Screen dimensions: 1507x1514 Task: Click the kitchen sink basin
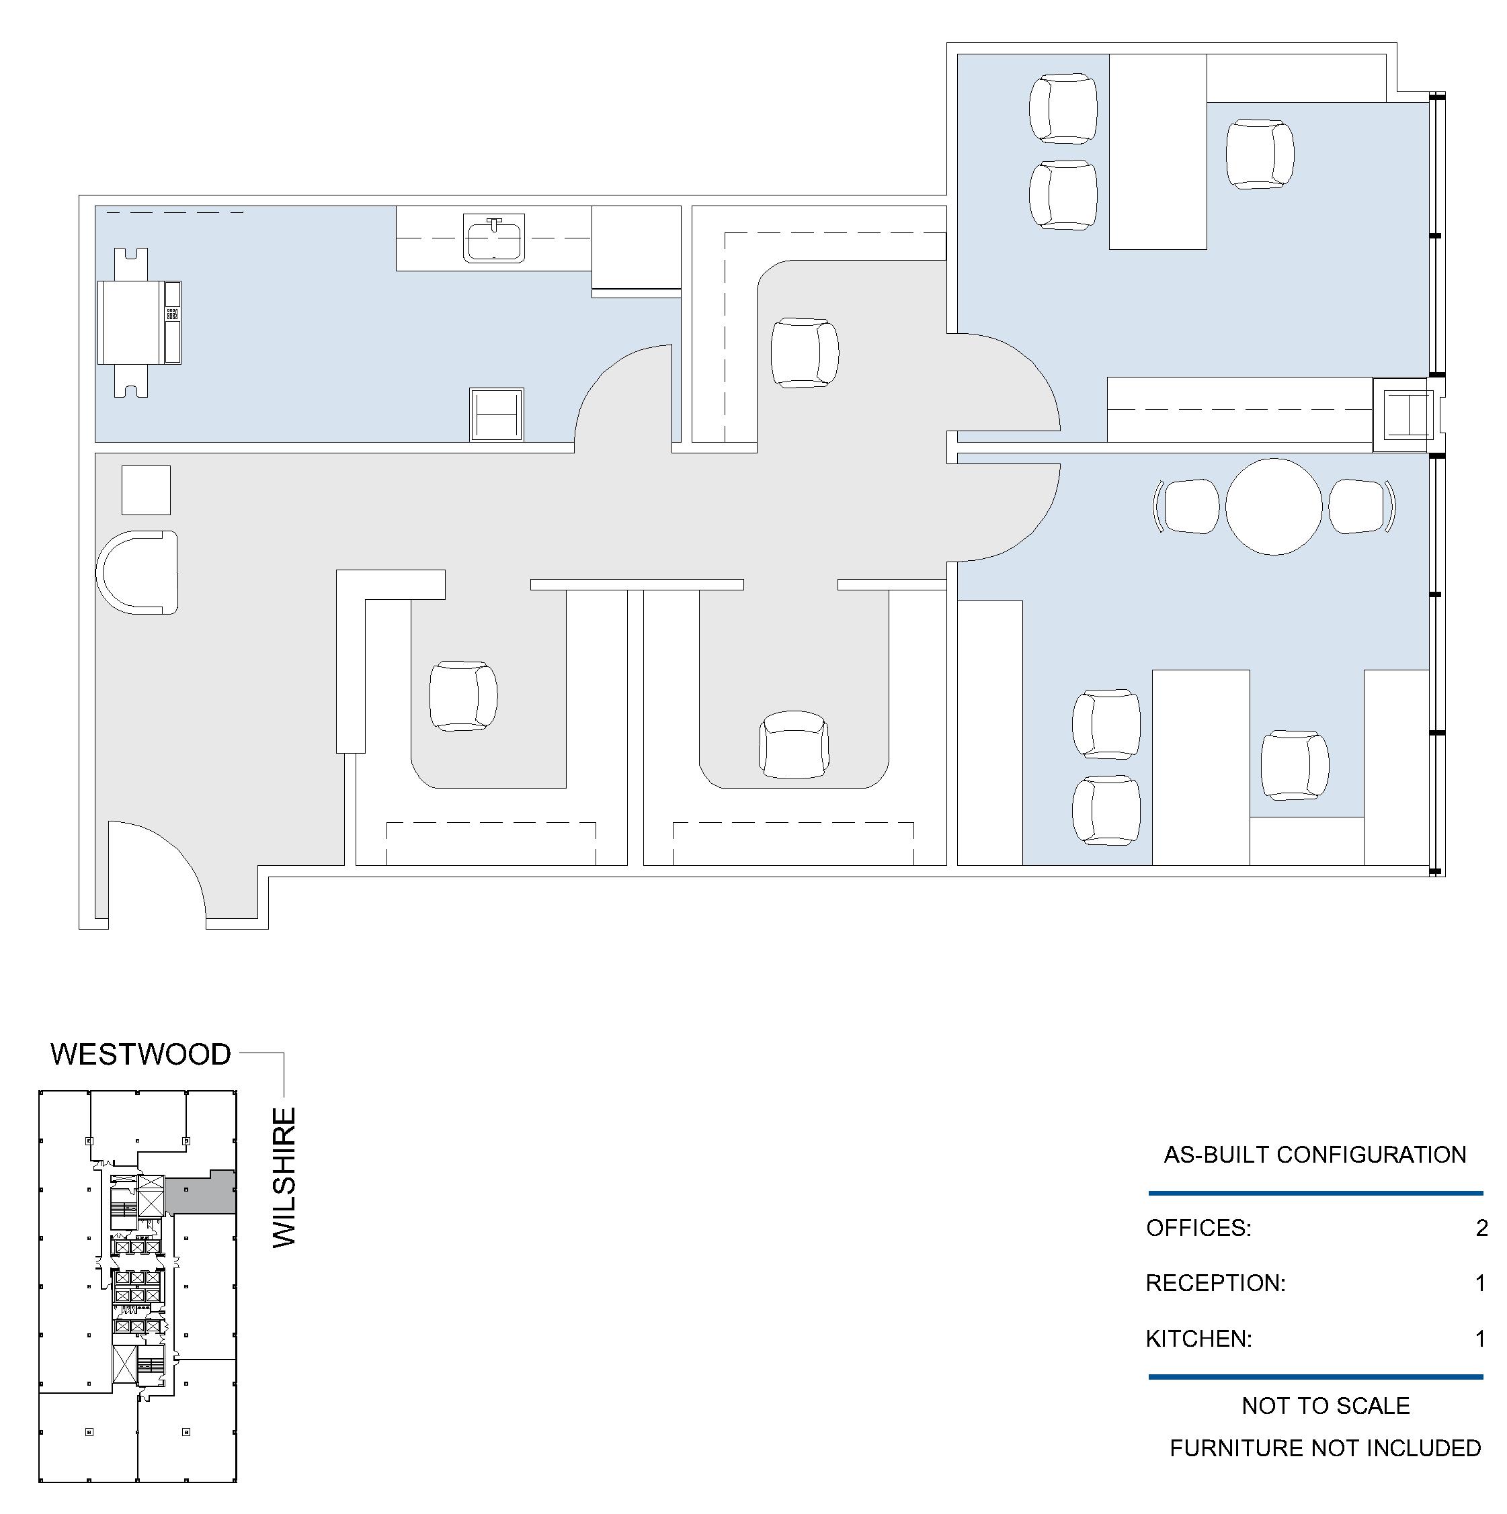coord(494,239)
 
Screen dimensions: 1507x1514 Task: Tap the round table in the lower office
coord(1274,507)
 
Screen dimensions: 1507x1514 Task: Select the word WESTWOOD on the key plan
coord(141,1055)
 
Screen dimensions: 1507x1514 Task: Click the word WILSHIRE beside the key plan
coord(284,1178)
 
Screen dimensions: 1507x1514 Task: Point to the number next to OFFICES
coord(1481,1228)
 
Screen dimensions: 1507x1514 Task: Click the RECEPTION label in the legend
coord(1215,1284)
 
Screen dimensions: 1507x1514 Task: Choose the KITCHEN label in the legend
coord(1199,1339)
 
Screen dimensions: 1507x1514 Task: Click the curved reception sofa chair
coord(137,572)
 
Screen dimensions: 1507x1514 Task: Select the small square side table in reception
coord(146,490)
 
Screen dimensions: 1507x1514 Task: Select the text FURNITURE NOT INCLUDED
coord(1325,1448)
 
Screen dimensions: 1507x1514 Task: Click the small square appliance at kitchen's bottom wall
coord(496,414)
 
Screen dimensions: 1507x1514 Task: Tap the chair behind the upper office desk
coord(1260,154)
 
